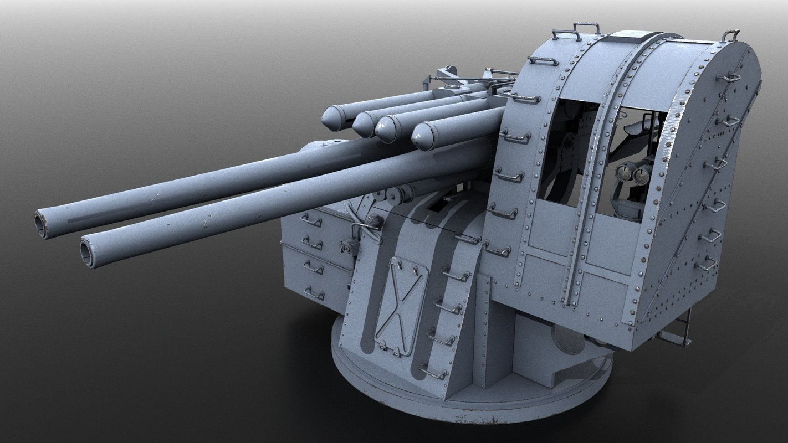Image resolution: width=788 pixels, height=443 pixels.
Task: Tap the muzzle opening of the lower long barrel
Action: (88, 253)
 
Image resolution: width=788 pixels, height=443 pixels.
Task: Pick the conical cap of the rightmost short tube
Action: (422, 136)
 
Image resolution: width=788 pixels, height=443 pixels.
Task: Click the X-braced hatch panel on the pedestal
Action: (401, 306)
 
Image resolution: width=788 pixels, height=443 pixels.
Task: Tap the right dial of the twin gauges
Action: (642, 176)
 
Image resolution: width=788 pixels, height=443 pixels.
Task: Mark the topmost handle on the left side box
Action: (311, 220)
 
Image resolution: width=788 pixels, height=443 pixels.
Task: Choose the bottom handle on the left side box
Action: (314, 293)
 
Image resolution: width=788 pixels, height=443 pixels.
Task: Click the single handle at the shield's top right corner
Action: (730, 35)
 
